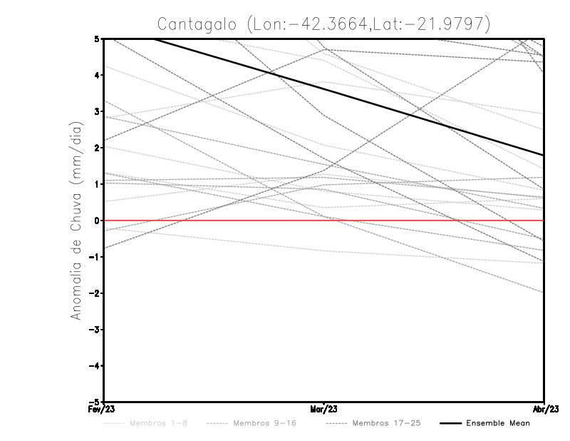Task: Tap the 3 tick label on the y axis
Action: point(97,111)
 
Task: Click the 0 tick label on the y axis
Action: point(97,220)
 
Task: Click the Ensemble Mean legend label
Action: point(497,423)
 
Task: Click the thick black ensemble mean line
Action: point(324,87)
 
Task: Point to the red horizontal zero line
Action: point(427,220)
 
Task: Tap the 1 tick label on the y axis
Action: point(97,184)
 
